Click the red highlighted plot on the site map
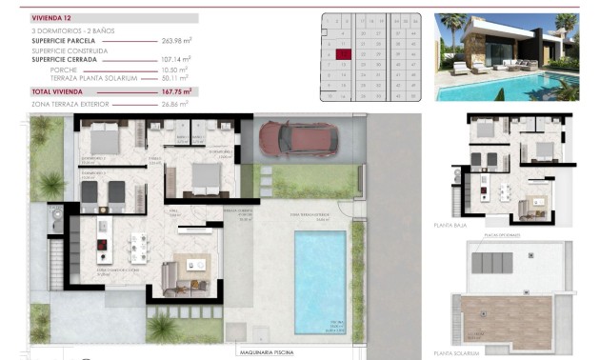[x=343, y=55]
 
